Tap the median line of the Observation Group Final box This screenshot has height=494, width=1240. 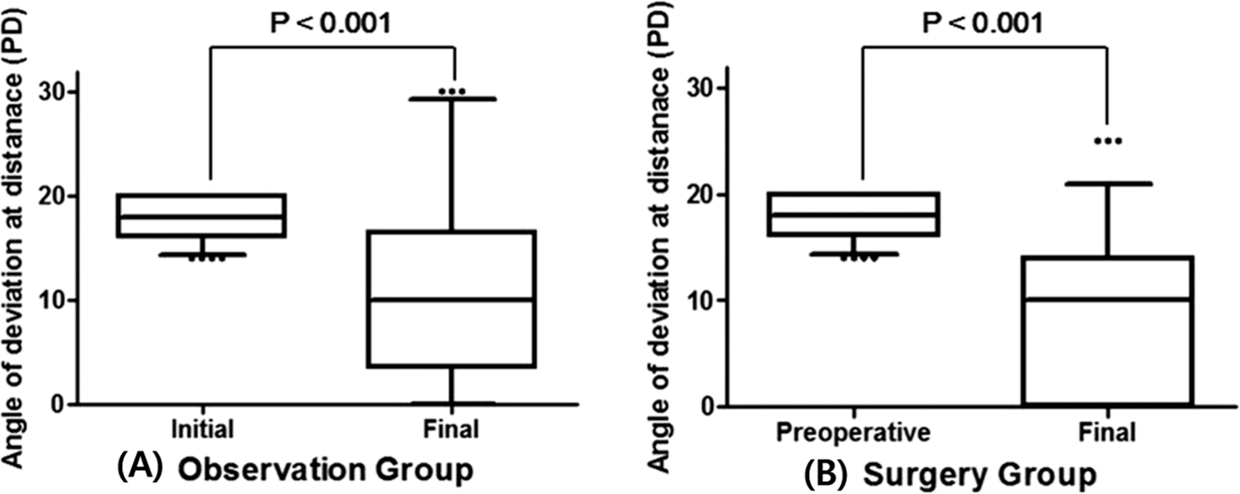point(451,300)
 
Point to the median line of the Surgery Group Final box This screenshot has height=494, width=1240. point(1107,300)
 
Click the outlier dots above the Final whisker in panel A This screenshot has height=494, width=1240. point(452,92)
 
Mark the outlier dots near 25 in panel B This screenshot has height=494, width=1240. point(1107,141)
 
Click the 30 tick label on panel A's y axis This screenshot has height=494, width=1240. point(54,92)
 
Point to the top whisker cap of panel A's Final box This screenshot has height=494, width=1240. point(452,98)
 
